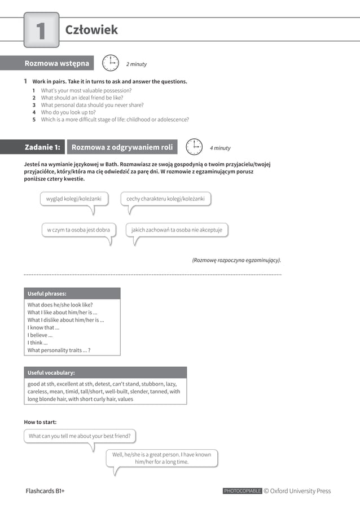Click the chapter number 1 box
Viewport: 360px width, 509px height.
[41, 30]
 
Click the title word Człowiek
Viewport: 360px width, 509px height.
[91, 30]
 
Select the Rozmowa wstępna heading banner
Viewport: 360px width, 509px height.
[56, 63]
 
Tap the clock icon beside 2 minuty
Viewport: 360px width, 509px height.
[111, 63]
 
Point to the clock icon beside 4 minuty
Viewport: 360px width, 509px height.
[194, 147]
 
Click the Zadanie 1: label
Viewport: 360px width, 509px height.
[42, 147]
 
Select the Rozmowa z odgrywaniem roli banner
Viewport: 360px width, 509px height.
[122, 147]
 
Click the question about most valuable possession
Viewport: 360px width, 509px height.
[86, 90]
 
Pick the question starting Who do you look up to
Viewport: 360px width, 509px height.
[68, 112]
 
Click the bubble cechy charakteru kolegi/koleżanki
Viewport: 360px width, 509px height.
[166, 199]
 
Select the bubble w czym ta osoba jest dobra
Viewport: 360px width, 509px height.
[78, 230]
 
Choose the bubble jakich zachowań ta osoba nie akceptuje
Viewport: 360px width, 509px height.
[177, 230]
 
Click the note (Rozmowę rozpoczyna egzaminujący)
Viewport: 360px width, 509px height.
[236, 260]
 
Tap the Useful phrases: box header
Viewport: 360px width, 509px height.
[72, 293]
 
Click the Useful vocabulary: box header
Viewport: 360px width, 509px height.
[105, 372]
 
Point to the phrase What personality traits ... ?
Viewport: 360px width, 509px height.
[59, 350]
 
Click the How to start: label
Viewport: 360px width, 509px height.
[40, 422]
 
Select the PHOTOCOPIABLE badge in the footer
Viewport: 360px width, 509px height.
[242, 491]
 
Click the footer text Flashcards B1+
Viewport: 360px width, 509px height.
[45, 491]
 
